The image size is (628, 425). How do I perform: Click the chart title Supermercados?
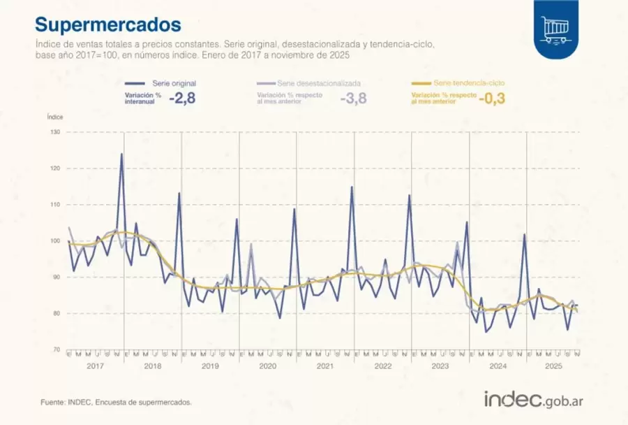coord(108,24)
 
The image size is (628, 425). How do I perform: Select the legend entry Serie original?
coord(174,83)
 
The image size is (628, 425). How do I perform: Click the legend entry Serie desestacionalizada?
coord(318,83)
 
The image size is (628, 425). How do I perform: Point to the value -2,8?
coord(182,99)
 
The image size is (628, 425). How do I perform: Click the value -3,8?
coord(353,99)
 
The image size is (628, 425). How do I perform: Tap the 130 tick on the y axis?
coord(55,132)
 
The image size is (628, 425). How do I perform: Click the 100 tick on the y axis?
coord(55,241)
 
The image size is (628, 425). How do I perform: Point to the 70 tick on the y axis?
coord(56,350)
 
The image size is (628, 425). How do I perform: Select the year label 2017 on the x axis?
coord(96,366)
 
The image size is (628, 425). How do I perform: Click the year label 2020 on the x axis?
coord(268,366)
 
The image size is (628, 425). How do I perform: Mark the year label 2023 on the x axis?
coord(440,366)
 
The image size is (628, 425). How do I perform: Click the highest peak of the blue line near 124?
coord(121,154)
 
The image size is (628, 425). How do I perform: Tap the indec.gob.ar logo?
coord(535,399)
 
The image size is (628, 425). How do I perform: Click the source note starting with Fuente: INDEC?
coord(116,402)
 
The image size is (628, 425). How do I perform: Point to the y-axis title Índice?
coord(55,117)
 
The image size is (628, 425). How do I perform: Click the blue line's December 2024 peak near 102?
coord(524,234)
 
